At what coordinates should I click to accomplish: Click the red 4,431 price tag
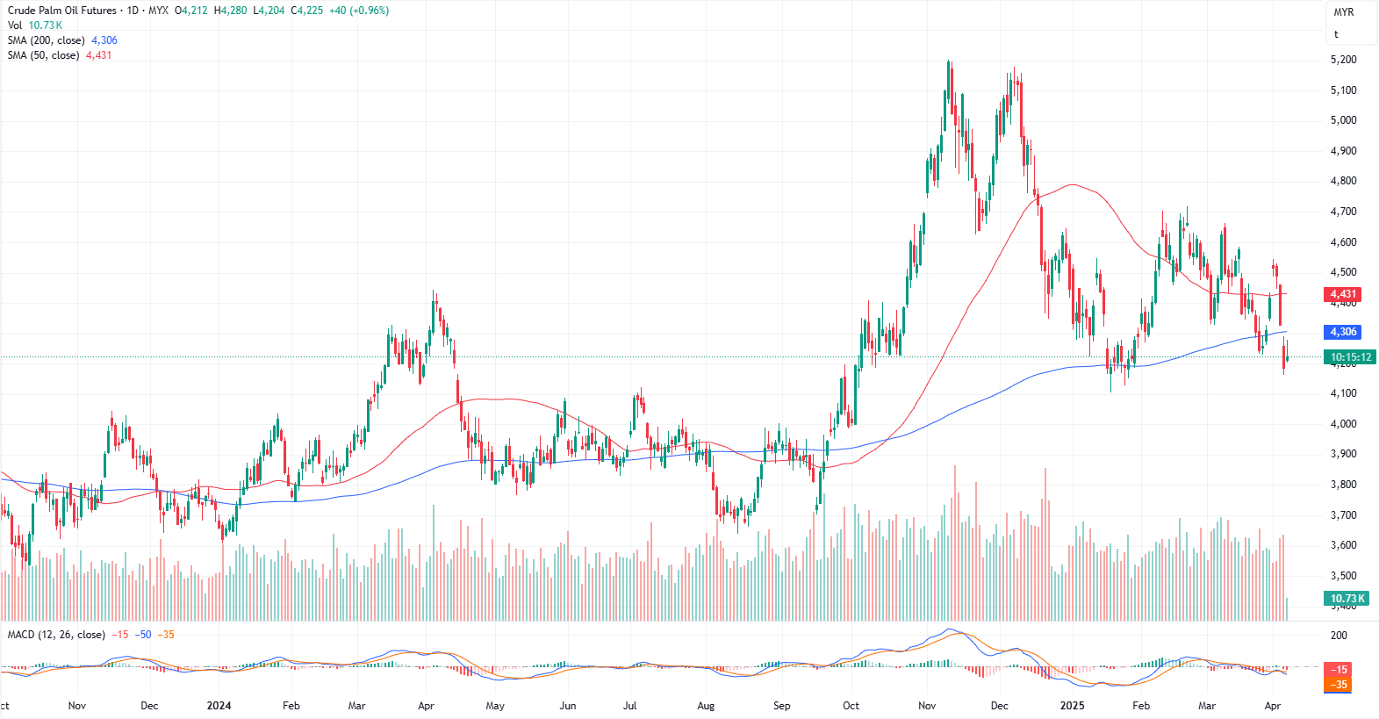[1343, 295]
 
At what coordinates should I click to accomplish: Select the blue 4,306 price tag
[1343, 332]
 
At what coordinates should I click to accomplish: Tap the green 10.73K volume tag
[1348, 599]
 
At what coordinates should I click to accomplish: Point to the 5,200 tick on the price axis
[1343, 60]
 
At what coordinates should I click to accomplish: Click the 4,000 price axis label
[1343, 424]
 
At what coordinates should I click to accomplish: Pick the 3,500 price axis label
[1343, 576]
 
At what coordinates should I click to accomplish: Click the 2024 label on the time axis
[219, 706]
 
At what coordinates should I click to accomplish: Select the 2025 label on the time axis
[1072, 706]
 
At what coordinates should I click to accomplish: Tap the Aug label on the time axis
[706, 706]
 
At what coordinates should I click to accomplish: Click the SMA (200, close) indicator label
[47, 40]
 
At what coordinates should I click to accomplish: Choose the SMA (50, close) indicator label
[44, 55]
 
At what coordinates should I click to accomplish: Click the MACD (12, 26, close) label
[56, 635]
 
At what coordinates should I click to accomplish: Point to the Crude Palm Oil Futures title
[62, 11]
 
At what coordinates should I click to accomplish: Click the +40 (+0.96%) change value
[359, 11]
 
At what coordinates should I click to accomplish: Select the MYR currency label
[1344, 12]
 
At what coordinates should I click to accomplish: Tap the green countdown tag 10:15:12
[1350, 357]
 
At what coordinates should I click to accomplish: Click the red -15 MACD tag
[1339, 670]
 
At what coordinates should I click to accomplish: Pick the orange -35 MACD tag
[1339, 685]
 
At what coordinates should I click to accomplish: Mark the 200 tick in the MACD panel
[1339, 636]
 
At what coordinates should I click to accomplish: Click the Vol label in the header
[15, 25]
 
